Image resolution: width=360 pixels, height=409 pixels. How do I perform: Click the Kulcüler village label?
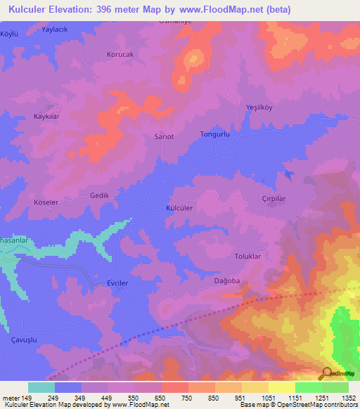click(x=179, y=209)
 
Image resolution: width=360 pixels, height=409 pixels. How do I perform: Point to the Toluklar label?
click(x=247, y=257)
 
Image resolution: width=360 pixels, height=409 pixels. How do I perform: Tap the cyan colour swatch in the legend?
click(x=41, y=387)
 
